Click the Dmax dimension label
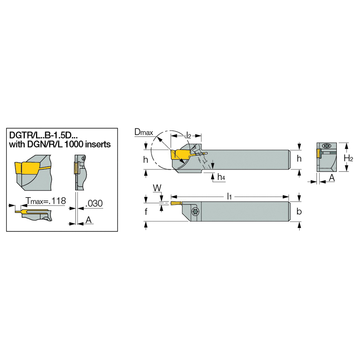144,132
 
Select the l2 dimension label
188,135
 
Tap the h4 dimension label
221,177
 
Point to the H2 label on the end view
348,158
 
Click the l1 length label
229,196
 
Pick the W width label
157,188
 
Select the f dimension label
146,212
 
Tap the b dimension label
299,211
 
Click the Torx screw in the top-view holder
195,212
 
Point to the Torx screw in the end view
326,146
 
